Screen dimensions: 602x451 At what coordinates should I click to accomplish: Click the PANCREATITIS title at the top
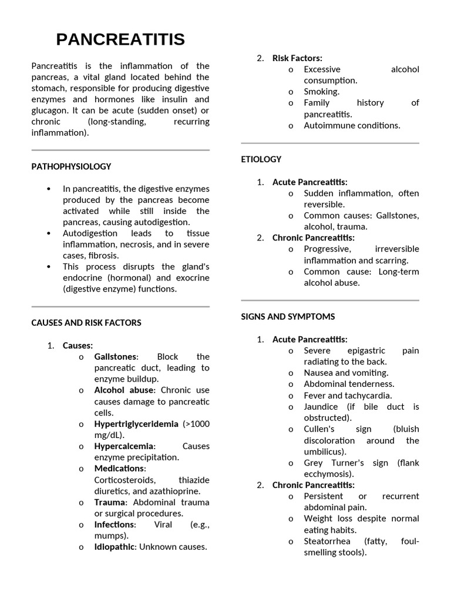point(120,39)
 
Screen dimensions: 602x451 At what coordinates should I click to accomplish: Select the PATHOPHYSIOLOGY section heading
point(71,166)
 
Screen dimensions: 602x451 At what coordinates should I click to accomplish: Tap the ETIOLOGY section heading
point(261,159)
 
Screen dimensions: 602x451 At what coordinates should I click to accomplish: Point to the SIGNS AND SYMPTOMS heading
point(288,317)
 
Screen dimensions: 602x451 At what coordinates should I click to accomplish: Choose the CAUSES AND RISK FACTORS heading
point(86,323)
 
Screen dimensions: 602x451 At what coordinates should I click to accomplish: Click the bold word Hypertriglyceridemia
point(137,424)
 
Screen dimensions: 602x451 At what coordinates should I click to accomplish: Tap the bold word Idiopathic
point(115,547)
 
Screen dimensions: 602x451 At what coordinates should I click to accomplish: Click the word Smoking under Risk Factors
point(321,92)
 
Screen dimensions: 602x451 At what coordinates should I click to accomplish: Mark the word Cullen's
point(319,429)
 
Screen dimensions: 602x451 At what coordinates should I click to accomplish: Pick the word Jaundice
point(321,407)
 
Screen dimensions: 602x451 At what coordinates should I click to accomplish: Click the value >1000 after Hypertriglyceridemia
point(196,424)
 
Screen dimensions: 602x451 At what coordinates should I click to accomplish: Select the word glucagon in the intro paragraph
point(49,111)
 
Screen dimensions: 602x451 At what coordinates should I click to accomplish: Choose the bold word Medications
point(119,469)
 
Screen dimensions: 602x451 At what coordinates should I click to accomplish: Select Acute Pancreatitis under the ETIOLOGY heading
point(309,182)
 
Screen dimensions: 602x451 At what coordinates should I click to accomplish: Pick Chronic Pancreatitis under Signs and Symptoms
point(313,485)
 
